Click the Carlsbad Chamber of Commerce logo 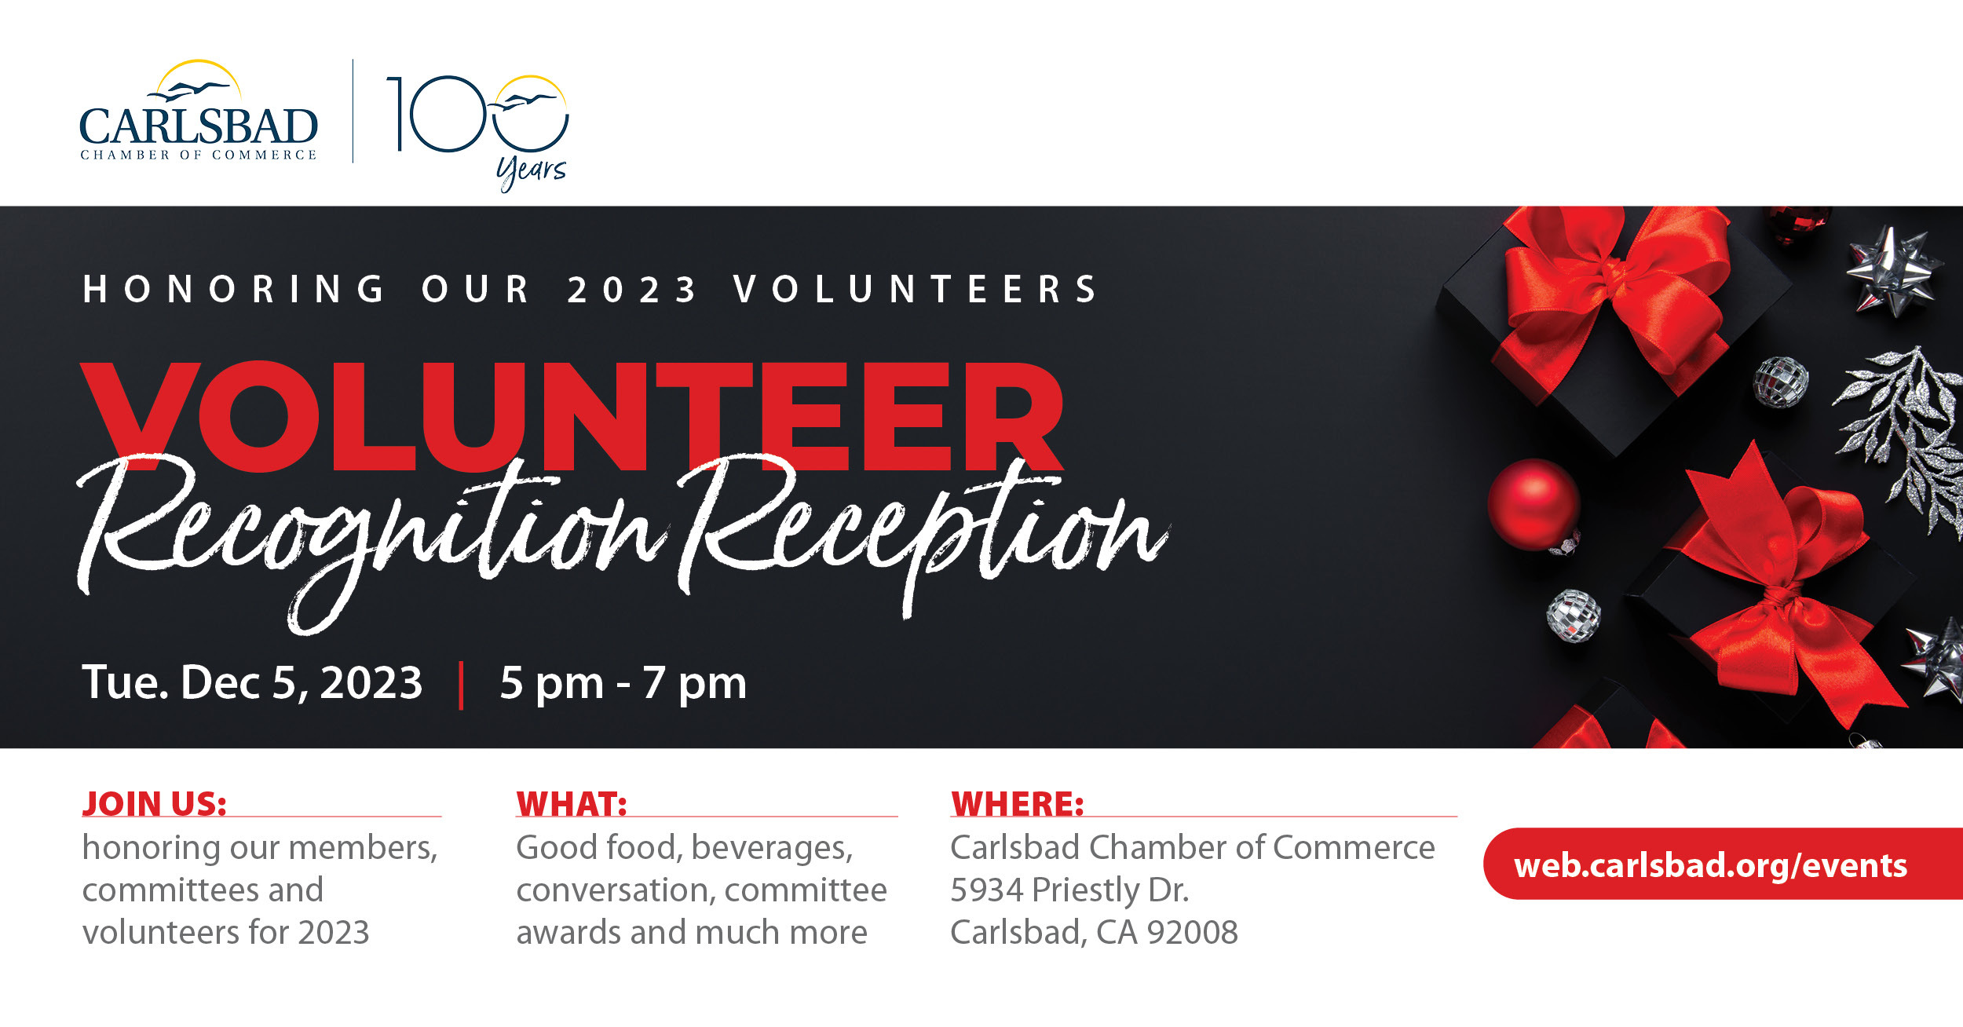[x=199, y=111]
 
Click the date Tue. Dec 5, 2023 [x=252, y=682]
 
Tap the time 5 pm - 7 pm [x=623, y=683]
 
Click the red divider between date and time [x=461, y=685]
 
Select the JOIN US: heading [x=155, y=803]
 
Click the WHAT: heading [x=572, y=804]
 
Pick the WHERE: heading [x=1018, y=804]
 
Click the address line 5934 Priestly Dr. [x=1069, y=890]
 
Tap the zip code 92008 [x=1192, y=932]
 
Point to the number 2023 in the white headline [x=632, y=289]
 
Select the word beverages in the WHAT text [x=772, y=849]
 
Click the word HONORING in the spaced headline [x=233, y=288]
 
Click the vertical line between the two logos [x=353, y=111]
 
